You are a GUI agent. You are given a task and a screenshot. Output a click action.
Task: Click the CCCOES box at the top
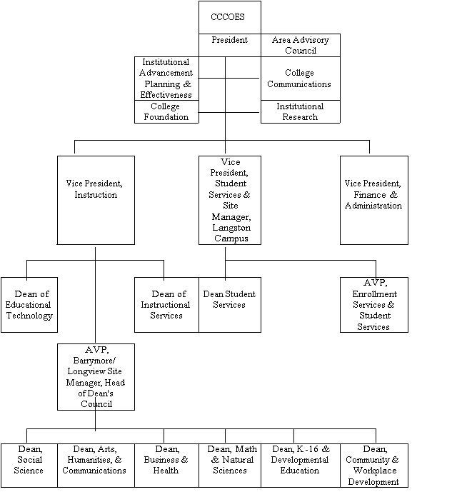[x=229, y=17]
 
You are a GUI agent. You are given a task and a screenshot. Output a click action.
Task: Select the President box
[x=229, y=41]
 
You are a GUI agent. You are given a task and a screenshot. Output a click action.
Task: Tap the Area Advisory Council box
[x=300, y=45]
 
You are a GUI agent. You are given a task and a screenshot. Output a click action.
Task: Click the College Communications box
[x=300, y=79]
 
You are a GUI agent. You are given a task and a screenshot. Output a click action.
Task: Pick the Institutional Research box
[x=300, y=111]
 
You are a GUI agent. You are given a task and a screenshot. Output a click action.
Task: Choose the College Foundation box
[x=166, y=111]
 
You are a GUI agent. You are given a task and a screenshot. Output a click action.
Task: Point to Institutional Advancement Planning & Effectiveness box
[x=166, y=79]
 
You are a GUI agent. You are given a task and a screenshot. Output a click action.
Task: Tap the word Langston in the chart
[x=229, y=227]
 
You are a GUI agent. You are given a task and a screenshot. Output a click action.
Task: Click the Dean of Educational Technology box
[x=29, y=305]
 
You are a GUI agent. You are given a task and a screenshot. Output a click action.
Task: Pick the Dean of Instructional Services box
[x=166, y=305]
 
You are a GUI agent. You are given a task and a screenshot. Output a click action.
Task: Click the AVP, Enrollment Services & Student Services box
[x=373, y=305]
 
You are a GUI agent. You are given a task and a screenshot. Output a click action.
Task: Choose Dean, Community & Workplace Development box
[x=373, y=466]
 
